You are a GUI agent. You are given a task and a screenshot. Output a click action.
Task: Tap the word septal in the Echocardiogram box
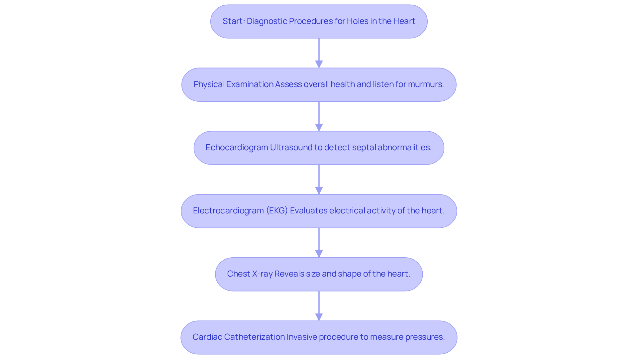pyautogui.click(x=364, y=148)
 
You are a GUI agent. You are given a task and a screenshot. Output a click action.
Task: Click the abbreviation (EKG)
pyautogui.click(x=277, y=211)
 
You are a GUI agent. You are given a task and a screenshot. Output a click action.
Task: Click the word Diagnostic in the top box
pyautogui.click(x=267, y=21)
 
